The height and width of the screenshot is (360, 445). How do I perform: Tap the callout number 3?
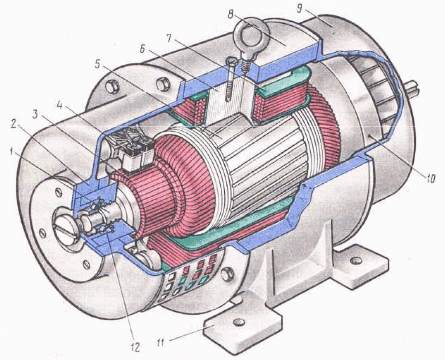(35, 114)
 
